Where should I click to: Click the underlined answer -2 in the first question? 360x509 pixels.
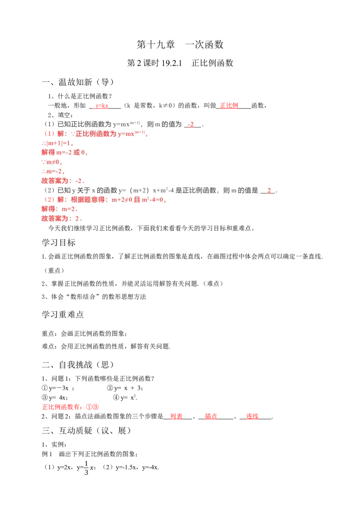pyautogui.click(x=191, y=125)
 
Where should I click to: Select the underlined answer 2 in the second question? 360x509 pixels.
pyautogui.click(x=269, y=190)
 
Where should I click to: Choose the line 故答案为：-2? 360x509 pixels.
pyautogui.click(x=63, y=181)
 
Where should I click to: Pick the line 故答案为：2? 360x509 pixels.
pyautogui.click(x=63, y=219)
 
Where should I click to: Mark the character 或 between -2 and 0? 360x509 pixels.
pyautogui.click(x=76, y=152)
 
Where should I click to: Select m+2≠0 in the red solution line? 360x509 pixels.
pyautogui.click(x=121, y=200)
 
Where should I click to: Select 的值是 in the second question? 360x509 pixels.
pyautogui.click(x=248, y=190)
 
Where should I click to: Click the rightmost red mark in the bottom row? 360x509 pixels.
pyautogui.click(x=252, y=417)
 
